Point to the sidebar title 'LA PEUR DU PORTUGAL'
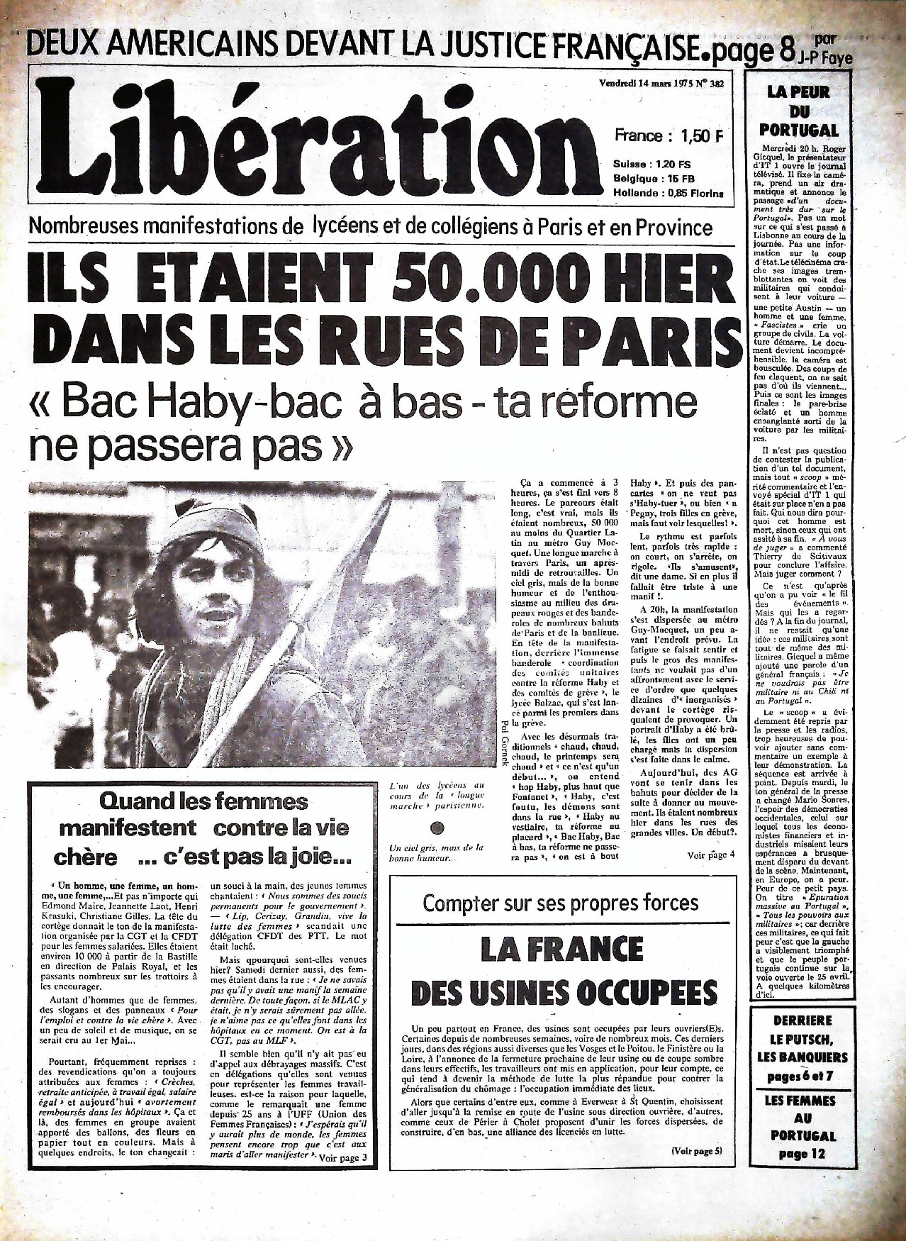point(798,111)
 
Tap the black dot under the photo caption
point(437,828)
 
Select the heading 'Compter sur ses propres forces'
point(560,903)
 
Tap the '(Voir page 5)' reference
point(696,1150)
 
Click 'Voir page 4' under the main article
point(711,855)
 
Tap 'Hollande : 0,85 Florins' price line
point(668,193)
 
